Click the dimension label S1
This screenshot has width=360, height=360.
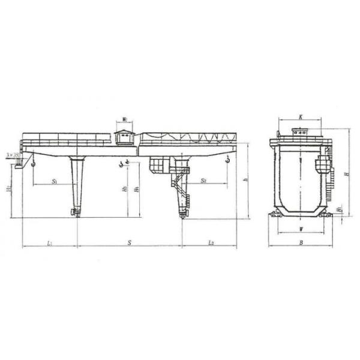[54, 180]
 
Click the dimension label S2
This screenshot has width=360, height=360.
[204, 179]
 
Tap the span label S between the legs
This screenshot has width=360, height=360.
[128, 242]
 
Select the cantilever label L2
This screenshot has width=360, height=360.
[211, 242]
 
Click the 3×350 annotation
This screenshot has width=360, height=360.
[12, 155]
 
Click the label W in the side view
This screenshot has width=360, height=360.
[299, 229]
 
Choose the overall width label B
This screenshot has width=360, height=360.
[299, 242]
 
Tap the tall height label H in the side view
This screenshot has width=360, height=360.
[347, 174]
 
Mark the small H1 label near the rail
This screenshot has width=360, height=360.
[340, 209]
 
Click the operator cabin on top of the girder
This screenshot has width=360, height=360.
[124, 137]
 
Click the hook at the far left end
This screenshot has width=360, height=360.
[34, 161]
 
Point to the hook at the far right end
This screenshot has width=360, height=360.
[228, 160]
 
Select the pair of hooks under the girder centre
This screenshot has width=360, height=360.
[125, 163]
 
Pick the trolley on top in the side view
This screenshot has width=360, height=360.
[299, 133]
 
